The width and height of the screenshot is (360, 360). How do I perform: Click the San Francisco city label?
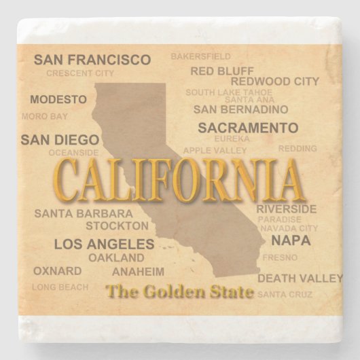click(92, 60)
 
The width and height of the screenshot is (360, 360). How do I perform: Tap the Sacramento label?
click(248, 128)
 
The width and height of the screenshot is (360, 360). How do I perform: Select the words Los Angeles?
click(104, 244)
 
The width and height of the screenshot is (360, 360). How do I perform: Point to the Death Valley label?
click(300, 278)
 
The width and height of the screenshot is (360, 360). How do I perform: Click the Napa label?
click(291, 240)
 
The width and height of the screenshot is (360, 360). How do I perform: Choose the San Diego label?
click(60, 140)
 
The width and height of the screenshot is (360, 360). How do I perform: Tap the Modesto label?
click(58, 99)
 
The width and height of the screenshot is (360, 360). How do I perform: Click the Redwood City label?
click(274, 82)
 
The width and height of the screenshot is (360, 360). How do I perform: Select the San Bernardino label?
click(241, 109)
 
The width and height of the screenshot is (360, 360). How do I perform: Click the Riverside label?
click(286, 209)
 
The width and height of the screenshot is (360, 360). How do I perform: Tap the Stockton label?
click(117, 226)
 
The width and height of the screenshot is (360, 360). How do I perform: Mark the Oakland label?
click(116, 258)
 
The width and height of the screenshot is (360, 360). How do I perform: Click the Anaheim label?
click(138, 272)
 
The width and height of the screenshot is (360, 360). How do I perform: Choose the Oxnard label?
click(57, 271)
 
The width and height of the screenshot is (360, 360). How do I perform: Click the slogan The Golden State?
click(180, 292)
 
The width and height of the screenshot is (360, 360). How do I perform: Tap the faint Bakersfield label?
click(200, 56)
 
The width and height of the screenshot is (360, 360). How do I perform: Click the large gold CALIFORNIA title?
click(178, 181)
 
